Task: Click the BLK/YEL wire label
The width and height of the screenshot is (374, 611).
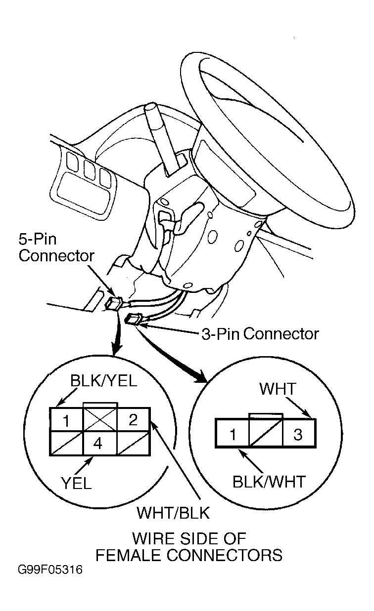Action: [103, 381]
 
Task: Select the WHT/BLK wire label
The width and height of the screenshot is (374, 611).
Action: [173, 513]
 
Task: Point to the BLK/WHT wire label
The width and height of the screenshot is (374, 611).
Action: [269, 482]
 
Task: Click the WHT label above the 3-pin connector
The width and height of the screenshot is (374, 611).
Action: [278, 389]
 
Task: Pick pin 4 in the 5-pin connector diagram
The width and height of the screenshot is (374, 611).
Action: [97, 444]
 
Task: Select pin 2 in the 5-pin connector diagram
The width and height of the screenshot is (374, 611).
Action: [133, 419]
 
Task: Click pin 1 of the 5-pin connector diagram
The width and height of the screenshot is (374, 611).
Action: [66, 420]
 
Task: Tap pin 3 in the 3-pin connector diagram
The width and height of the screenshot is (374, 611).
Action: [298, 434]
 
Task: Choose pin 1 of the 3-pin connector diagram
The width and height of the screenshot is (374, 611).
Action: [233, 434]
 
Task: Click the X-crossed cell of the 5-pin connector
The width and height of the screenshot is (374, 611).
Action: [100, 419]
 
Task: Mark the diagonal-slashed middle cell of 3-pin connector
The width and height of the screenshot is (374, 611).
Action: [266, 433]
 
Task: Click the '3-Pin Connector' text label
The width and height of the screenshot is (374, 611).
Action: [260, 333]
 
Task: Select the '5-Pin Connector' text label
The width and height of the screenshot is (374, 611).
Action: [56, 247]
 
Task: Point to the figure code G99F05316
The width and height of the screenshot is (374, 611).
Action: [50, 570]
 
